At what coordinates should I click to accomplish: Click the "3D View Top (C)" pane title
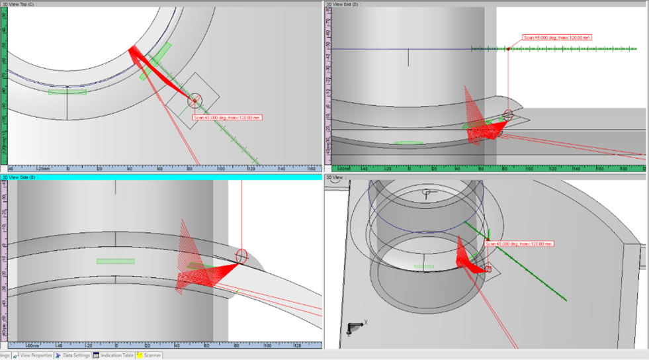click(21, 4)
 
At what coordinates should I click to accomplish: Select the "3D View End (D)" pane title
click(342, 4)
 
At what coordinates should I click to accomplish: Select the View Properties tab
click(36, 355)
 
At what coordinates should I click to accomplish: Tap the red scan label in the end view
click(556, 37)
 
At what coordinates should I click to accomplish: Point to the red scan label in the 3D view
click(519, 244)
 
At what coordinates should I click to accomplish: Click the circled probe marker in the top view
click(194, 101)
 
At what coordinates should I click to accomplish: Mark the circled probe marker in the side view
click(241, 255)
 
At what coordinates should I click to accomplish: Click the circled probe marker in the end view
click(507, 115)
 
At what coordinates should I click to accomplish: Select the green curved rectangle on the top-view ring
click(67, 92)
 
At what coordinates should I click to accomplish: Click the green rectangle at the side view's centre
click(115, 261)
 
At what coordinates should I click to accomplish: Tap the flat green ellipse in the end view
click(408, 142)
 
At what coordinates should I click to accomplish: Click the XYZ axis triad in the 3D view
click(355, 326)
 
